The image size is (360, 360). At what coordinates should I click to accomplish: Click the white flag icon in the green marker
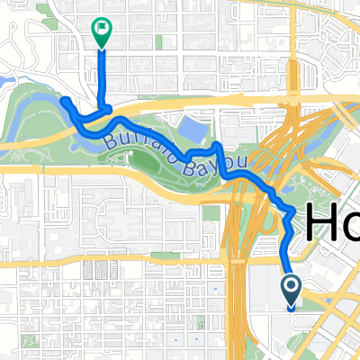point(101,29)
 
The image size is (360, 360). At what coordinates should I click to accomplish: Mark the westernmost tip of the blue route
point(64,100)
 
